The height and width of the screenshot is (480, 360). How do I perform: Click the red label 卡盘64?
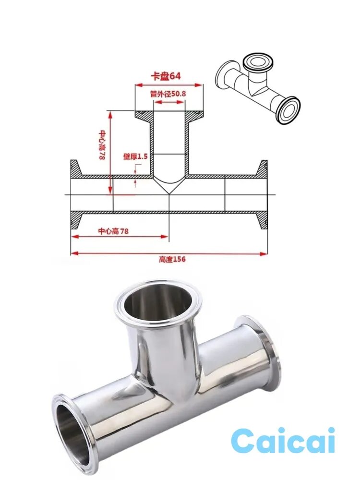(166, 76)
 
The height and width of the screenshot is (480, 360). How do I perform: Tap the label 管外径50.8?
(168, 94)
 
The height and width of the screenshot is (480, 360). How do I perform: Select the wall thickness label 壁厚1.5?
(135, 156)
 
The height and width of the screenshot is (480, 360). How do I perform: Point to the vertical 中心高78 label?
(102, 145)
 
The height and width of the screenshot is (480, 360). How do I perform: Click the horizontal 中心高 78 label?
(113, 231)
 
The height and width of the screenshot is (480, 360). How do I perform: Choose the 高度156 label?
(172, 259)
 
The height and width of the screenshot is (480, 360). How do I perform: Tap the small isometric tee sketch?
(258, 90)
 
